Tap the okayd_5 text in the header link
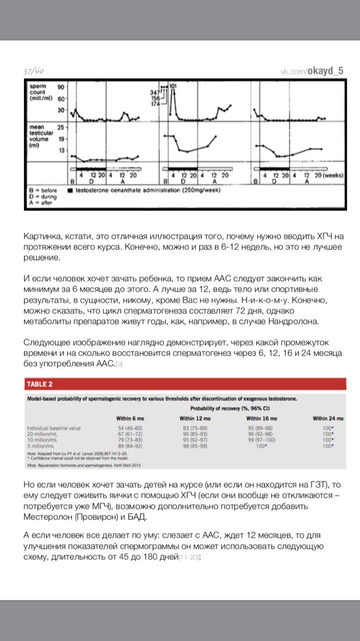click(x=325, y=71)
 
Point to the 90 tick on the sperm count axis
click(x=62, y=87)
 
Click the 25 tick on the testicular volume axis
click(x=62, y=127)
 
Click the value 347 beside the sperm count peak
click(x=154, y=92)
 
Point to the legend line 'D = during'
click(x=43, y=197)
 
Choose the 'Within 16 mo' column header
click(x=261, y=418)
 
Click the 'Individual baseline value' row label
click(x=54, y=428)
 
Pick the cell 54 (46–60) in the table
click(x=128, y=428)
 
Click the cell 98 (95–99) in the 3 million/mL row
click(x=194, y=445)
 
